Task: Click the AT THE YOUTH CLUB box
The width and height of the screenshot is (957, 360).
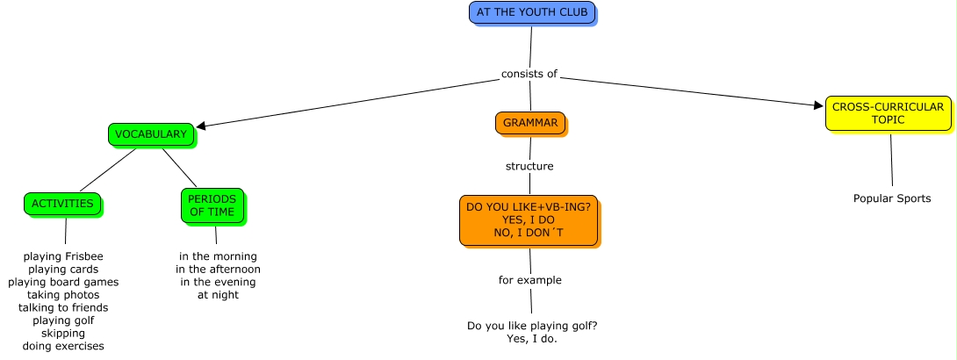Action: point(532,12)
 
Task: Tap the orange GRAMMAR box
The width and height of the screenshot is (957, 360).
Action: point(529,123)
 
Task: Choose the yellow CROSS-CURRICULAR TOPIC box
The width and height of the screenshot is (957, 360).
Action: point(887,113)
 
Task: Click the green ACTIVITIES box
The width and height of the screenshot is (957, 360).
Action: point(62,204)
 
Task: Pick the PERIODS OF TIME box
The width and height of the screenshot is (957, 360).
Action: point(212,205)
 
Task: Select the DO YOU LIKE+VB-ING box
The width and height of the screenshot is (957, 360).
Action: point(528,220)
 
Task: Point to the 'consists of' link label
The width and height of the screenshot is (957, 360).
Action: point(529,74)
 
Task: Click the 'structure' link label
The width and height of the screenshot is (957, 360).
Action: point(529,166)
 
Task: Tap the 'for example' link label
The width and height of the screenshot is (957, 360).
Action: point(529,280)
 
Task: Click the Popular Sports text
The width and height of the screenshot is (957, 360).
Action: point(891,198)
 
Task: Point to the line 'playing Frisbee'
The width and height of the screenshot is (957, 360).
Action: point(63,256)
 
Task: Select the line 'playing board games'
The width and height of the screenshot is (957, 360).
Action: point(63,282)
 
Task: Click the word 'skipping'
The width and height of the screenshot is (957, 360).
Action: point(63,334)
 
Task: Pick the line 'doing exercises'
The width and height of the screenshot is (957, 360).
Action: point(63,346)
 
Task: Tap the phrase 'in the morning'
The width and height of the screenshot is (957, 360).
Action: point(218,256)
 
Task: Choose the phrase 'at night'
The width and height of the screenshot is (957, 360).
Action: point(218,295)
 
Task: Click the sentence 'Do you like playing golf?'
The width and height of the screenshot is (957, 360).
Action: point(532,326)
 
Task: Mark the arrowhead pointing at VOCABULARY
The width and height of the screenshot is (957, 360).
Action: point(202,126)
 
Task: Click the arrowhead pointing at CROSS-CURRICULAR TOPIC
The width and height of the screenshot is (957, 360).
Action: point(819,105)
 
